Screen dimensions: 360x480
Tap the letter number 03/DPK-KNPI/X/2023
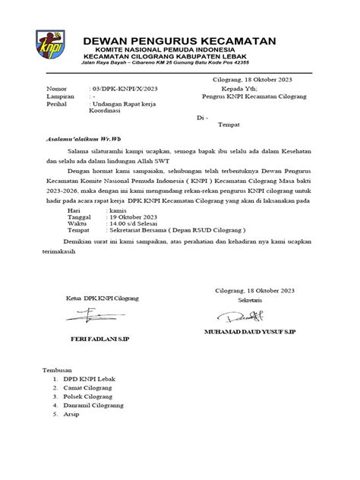pyautogui.click(x=125, y=90)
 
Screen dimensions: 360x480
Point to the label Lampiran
pyautogui.click(x=60, y=98)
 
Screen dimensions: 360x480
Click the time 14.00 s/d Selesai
pyautogui.click(x=125, y=224)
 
